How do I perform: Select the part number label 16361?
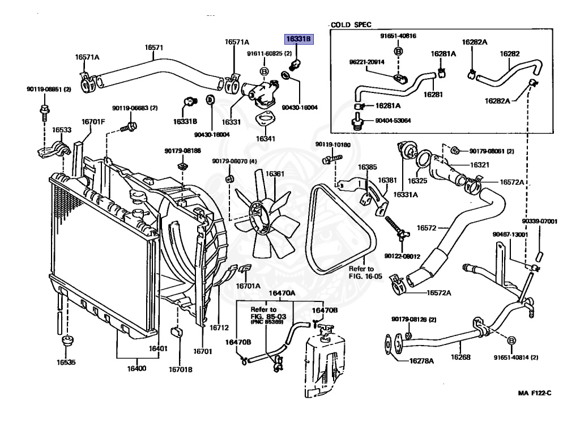coord(275,174)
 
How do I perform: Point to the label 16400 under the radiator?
coord(137,368)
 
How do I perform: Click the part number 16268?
coord(460,357)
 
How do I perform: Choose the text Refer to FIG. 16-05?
coord(361,273)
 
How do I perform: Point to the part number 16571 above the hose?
coord(153,48)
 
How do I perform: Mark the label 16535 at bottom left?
coord(66,362)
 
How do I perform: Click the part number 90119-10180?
coord(333,145)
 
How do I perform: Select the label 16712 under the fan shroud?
coord(219,327)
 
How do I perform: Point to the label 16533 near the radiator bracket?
coord(62,130)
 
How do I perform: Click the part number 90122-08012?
coord(402,257)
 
